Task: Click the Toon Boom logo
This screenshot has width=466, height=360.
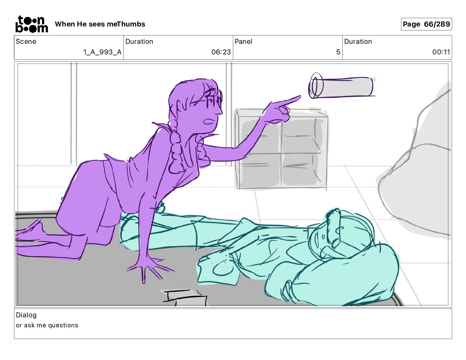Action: [x=31, y=24]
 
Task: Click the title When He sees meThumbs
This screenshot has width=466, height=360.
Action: [x=100, y=24]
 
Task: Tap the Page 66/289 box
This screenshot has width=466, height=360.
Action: [x=426, y=24]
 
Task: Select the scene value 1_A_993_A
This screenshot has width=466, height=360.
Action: [x=102, y=52]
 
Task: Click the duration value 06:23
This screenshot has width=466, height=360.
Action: [x=221, y=52]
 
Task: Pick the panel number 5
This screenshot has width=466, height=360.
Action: [x=338, y=52]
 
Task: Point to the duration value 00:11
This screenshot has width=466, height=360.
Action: [x=441, y=52]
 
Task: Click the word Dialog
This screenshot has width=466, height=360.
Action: [x=26, y=315]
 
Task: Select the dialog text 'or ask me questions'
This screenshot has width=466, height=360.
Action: [x=47, y=325]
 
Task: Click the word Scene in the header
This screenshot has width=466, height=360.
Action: [x=26, y=41]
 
